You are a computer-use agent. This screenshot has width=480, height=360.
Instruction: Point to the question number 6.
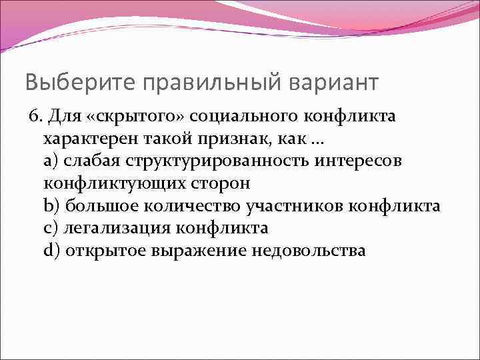coord(33,117)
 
